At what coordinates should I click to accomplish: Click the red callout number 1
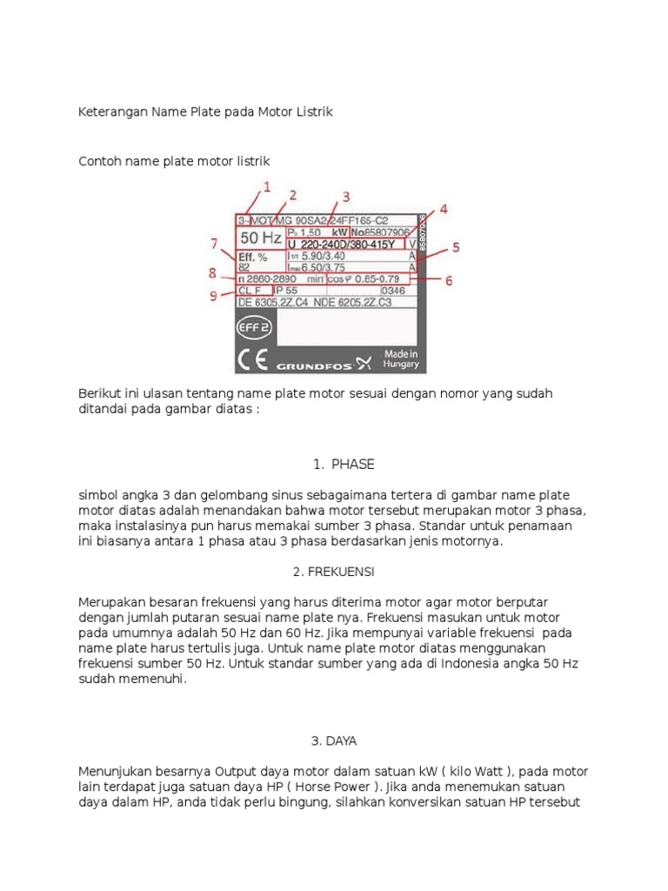[266, 186]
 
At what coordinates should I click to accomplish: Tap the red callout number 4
[443, 210]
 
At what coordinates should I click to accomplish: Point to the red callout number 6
[449, 281]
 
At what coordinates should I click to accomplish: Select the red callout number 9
[213, 296]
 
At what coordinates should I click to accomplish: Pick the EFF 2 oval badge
[254, 327]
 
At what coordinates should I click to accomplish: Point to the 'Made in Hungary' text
[401, 359]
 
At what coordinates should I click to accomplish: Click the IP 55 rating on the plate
[286, 291]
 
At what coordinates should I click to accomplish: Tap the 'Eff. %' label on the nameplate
[252, 257]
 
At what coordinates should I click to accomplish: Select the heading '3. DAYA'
[334, 740]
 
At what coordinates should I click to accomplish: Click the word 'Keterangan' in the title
[113, 112]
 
